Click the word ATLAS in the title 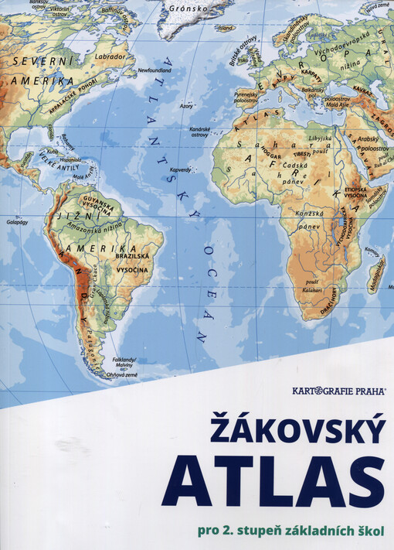coord(272,481)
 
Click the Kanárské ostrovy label coord(200,131)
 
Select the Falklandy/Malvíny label coord(124,363)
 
